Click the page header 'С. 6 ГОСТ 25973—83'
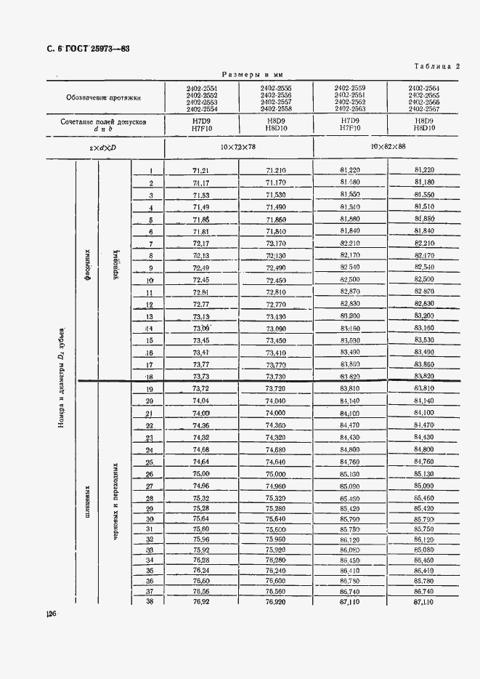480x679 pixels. (x=83, y=49)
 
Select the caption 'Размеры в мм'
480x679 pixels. (x=252, y=74)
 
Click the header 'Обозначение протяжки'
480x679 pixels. (x=103, y=97)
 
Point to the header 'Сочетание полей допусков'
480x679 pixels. (x=103, y=122)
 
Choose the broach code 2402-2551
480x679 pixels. (x=201, y=88)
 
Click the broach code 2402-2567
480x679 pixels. (x=423, y=108)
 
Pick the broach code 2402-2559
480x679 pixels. (x=349, y=88)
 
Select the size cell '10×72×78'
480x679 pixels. (x=238, y=147)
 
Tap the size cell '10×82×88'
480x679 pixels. (x=386, y=147)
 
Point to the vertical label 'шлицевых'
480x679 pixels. (x=86, y=494)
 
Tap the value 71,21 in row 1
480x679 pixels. (x=201, y=170)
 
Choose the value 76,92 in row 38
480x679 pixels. (x=201, y=601)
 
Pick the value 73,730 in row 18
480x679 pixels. (x=275, y=376)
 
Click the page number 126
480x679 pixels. (x=51, y=615)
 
